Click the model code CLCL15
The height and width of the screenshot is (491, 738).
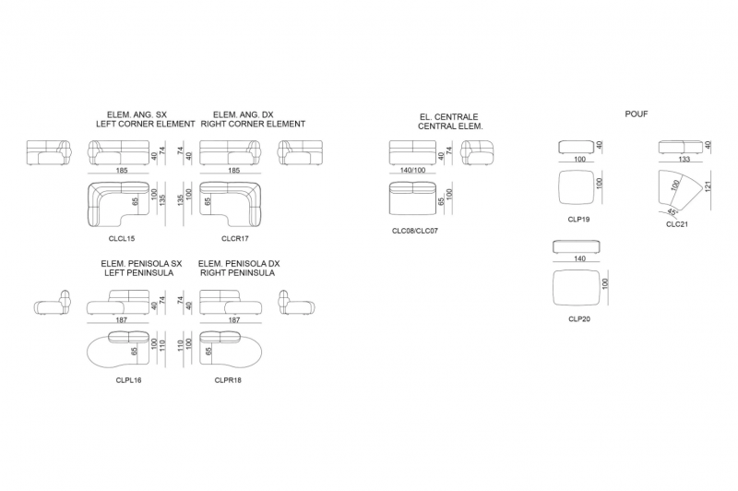(x=122, y=239)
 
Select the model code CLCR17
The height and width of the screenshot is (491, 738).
(x=235, y=239)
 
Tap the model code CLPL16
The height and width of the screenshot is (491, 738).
(x=128, y=380)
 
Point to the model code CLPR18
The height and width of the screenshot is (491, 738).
(x=228, y=380)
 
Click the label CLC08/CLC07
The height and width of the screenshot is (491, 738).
(x=414, y=231)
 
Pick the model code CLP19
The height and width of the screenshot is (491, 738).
(x=578, y=220)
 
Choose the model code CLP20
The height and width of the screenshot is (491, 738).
(x=579, y=319)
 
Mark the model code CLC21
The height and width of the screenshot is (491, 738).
(x=677, y=224)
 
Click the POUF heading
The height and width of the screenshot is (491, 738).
(x=637, y=114)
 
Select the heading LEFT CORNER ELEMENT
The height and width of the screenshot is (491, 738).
(x=146, y=125)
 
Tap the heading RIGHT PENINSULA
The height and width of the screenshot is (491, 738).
(x=238, y=273)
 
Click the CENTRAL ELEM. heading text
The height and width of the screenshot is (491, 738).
(x=450, y=126)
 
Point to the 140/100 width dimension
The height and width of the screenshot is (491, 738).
(x=412, y=171)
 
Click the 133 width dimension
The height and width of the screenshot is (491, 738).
(x=684, y=160)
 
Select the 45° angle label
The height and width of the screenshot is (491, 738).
(x=673, y=213)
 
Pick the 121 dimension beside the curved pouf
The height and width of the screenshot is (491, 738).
(x=708, y=186)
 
